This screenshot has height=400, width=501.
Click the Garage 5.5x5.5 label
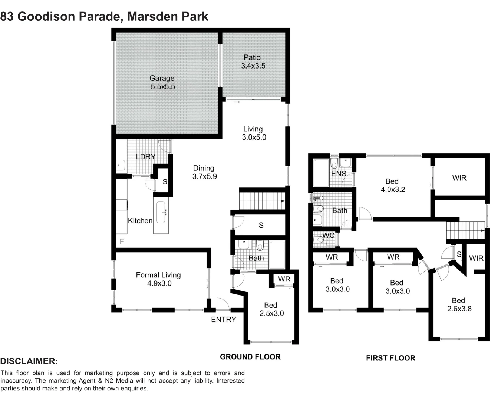pyautogui.click(x=162, y=83)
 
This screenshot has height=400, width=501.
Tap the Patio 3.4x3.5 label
pyautogui.click(x=253, y=62)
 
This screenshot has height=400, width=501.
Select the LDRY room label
pyautogui.click(x=145, y=157)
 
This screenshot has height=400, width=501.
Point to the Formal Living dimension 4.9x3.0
pyautogui.click(x=159, y=284)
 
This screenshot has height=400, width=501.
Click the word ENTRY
pyautogui.click(x=223, y=320)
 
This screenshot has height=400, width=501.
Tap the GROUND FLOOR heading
pyautogui.click(x=250, y=357)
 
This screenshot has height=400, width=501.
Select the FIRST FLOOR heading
pyautogui.click(x=390, y=358)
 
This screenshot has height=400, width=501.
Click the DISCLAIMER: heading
pyautogui.click(x=29, y=361)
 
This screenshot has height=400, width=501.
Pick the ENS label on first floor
pyautogui.click(x=338, y=173)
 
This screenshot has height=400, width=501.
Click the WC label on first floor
pyautogui.click(x=328, y=236)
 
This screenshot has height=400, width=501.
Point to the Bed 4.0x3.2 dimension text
pyautogui.click(x=393, y=190)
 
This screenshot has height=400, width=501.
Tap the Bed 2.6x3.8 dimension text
pyautogui.click(x=459, y=309)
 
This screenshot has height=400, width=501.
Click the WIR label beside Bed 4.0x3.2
pyautogui.click(x=459, y=178)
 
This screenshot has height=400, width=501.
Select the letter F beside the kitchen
pyautogui.click(x=122, y=242)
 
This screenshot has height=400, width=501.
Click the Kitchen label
pyautogui.click(x=140, y=221)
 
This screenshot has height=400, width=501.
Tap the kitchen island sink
pyautogui.click(x=161, y=213)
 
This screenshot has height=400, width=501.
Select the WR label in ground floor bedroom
pyautogui.click(x=284, y=279)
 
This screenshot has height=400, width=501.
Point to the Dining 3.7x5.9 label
pyautogui.click(x=204, y=173)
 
